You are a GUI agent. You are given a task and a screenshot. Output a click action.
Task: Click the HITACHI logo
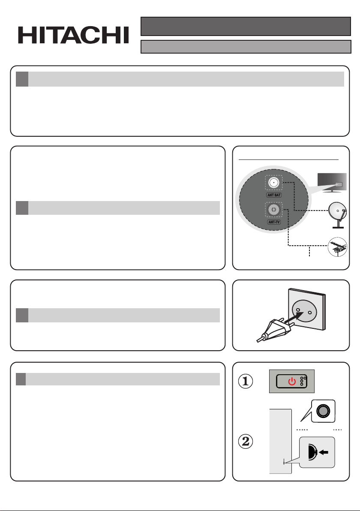73,35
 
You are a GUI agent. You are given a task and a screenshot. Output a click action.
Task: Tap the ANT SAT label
274,195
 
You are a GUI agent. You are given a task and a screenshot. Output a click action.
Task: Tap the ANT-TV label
274,222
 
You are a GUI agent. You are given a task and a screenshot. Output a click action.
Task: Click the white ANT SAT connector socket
274,183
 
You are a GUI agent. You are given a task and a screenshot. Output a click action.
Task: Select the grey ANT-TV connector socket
274,210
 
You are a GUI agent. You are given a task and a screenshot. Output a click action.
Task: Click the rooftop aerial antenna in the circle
338,247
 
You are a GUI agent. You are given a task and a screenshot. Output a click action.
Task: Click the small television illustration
332,183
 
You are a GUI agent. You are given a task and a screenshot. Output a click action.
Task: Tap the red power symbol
292,381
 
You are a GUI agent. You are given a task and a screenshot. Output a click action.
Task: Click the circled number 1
246,381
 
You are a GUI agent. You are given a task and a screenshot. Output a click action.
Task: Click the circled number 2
246,441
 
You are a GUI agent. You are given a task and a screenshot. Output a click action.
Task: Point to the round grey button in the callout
323,411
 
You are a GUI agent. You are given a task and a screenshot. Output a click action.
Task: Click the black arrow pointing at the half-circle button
324,452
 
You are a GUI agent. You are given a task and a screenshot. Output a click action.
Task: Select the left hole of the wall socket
298,309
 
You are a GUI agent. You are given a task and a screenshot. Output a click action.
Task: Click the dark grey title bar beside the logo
246,27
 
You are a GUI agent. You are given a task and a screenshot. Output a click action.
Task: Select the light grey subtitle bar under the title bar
246,47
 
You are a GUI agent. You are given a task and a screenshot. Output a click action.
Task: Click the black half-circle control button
312,452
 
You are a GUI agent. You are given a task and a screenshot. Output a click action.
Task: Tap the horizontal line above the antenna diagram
289,159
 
